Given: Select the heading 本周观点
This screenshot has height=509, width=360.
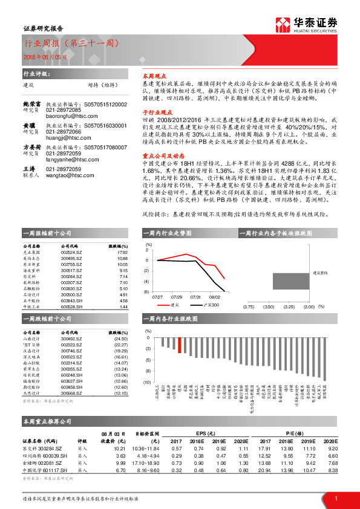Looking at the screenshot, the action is [x=152, y=78].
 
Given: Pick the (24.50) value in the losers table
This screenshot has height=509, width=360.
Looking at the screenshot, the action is [x=122, y=340].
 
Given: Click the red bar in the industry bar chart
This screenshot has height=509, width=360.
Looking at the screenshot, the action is [x=179, y=344].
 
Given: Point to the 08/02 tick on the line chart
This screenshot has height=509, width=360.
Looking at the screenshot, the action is [x=214, y=297].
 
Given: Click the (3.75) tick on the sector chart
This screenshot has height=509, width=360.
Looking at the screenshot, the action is [x=249, y=306].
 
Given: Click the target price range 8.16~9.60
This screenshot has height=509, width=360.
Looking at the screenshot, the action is [x=147, y=469].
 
